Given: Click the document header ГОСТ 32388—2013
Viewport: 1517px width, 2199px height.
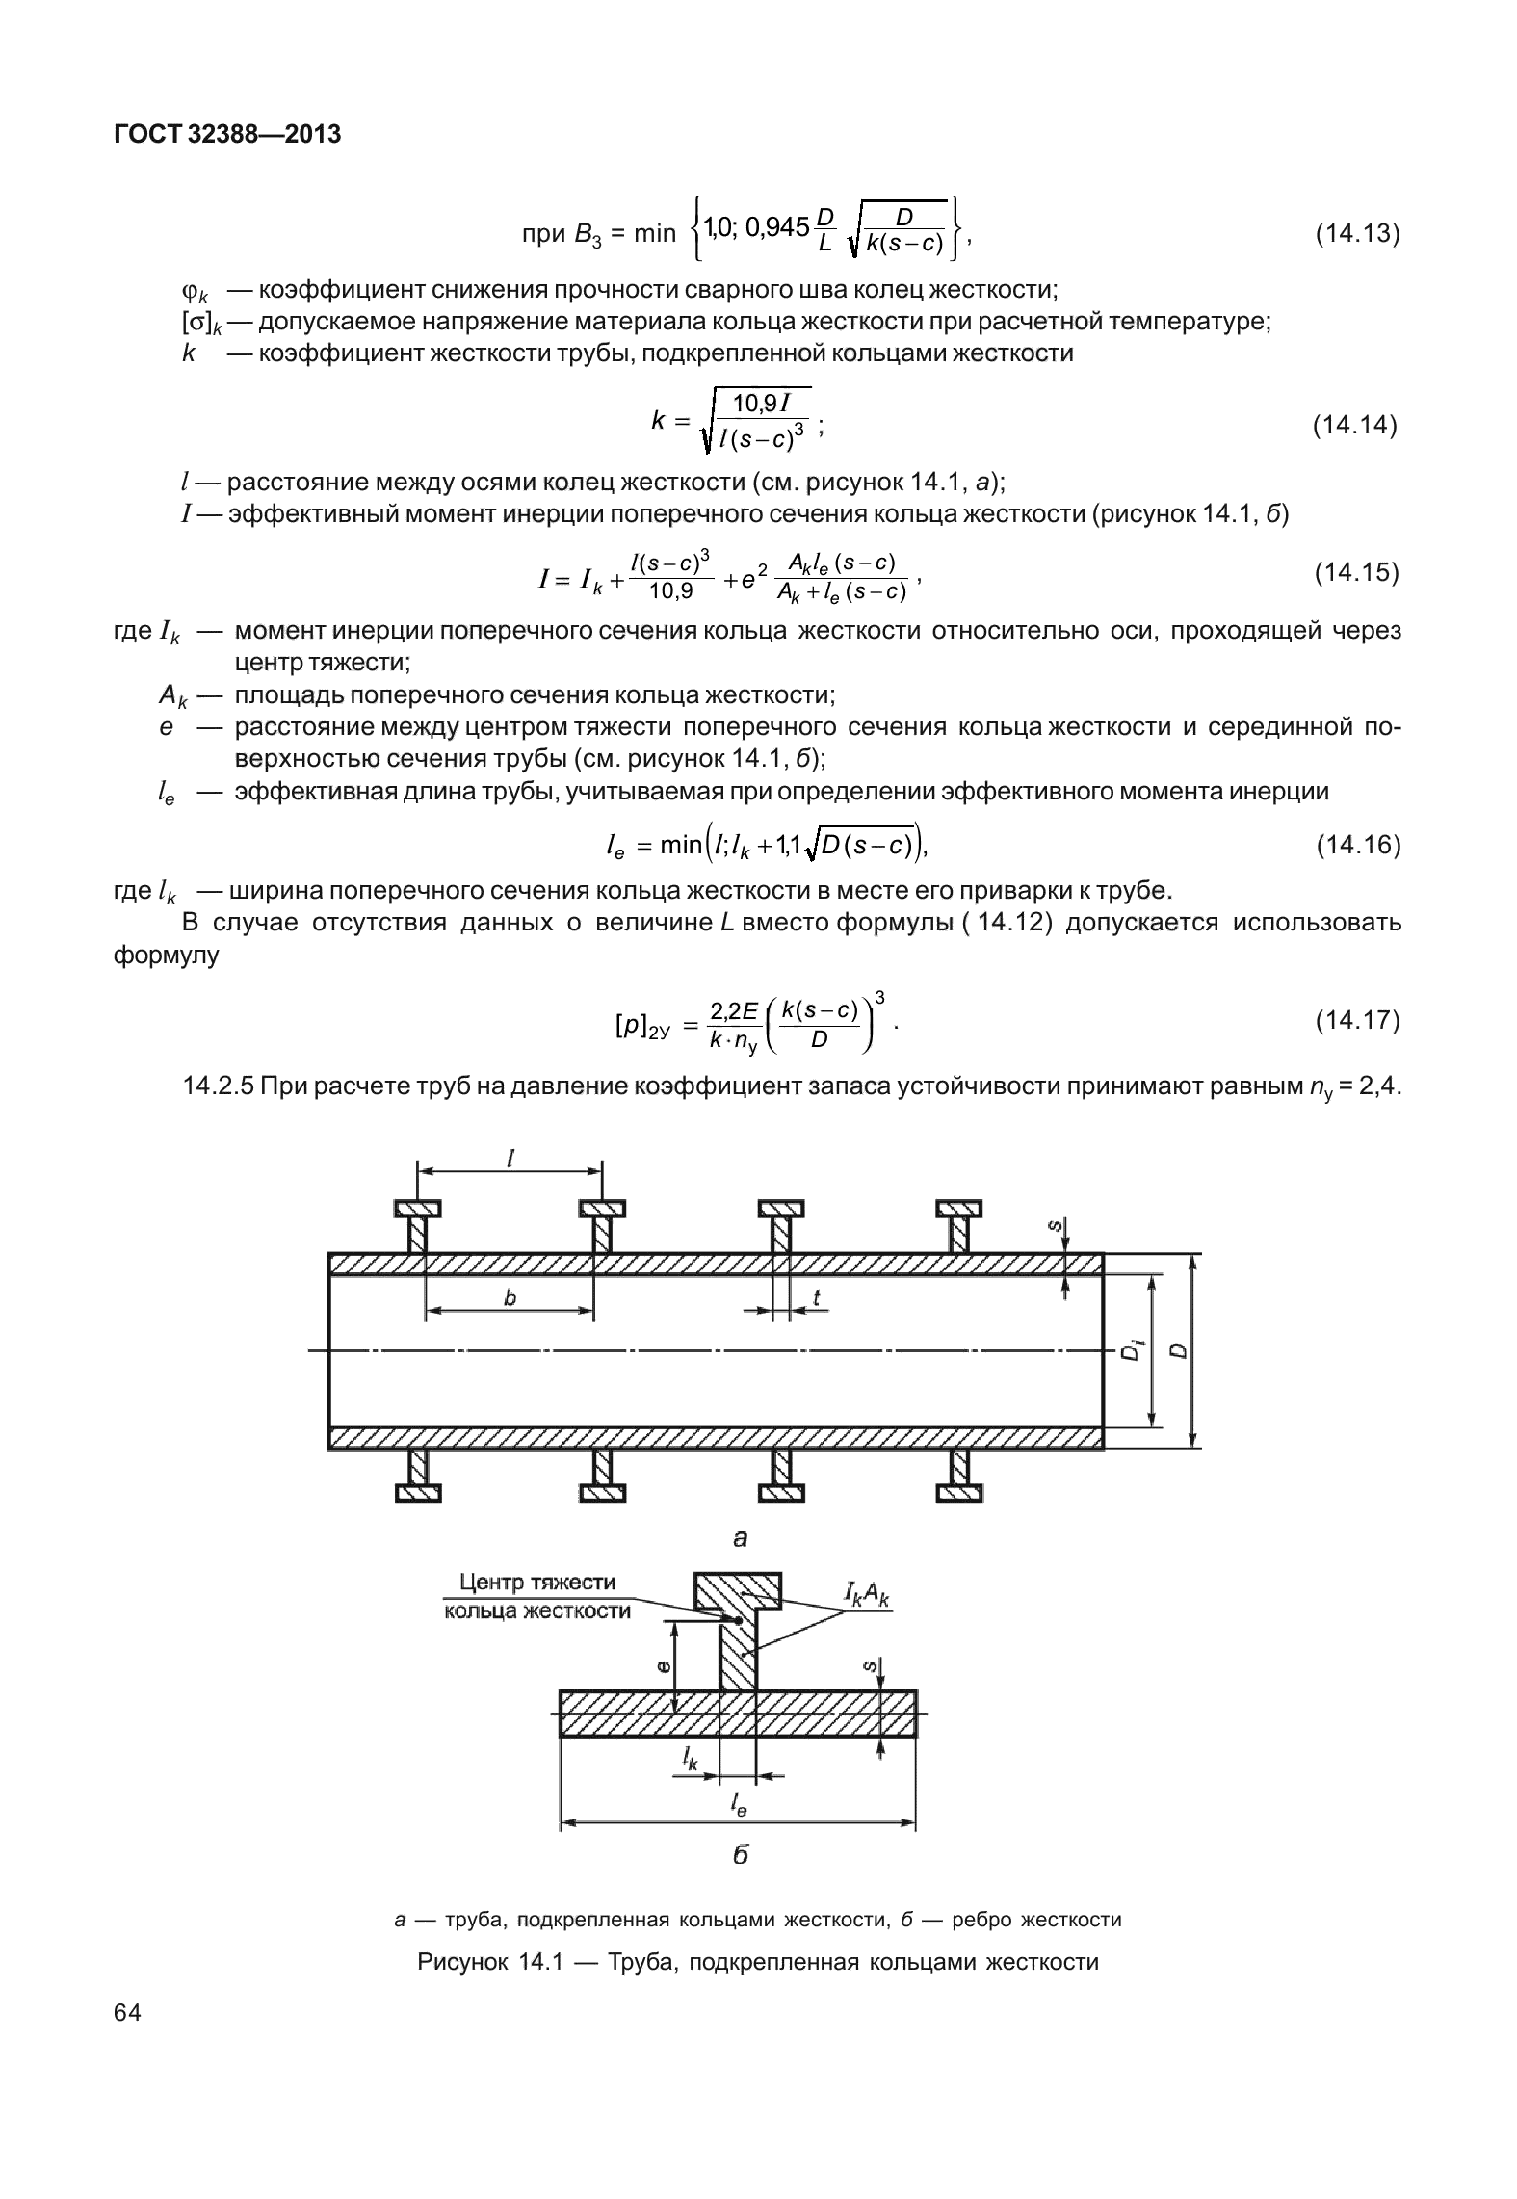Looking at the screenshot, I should click(227, 134).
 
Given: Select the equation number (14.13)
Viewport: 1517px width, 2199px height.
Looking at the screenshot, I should click(1356, 234).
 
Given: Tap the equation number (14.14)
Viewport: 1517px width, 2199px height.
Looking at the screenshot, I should click(1356, 425).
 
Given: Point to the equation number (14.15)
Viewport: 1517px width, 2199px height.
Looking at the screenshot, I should click(1356, 573).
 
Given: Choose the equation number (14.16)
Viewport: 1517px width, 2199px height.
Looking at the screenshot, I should click(1356, 845).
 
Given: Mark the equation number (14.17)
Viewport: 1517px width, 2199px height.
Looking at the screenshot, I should click(1356, 1020).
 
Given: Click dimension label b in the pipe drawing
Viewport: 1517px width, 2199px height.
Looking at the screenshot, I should click(510, 1297).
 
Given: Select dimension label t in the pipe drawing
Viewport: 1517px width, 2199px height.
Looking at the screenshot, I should click(817, 1297).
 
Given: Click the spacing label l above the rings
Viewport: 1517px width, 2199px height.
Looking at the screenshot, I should click(510, 1160).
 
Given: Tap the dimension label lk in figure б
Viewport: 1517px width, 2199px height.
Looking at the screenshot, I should click(691, 1759).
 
